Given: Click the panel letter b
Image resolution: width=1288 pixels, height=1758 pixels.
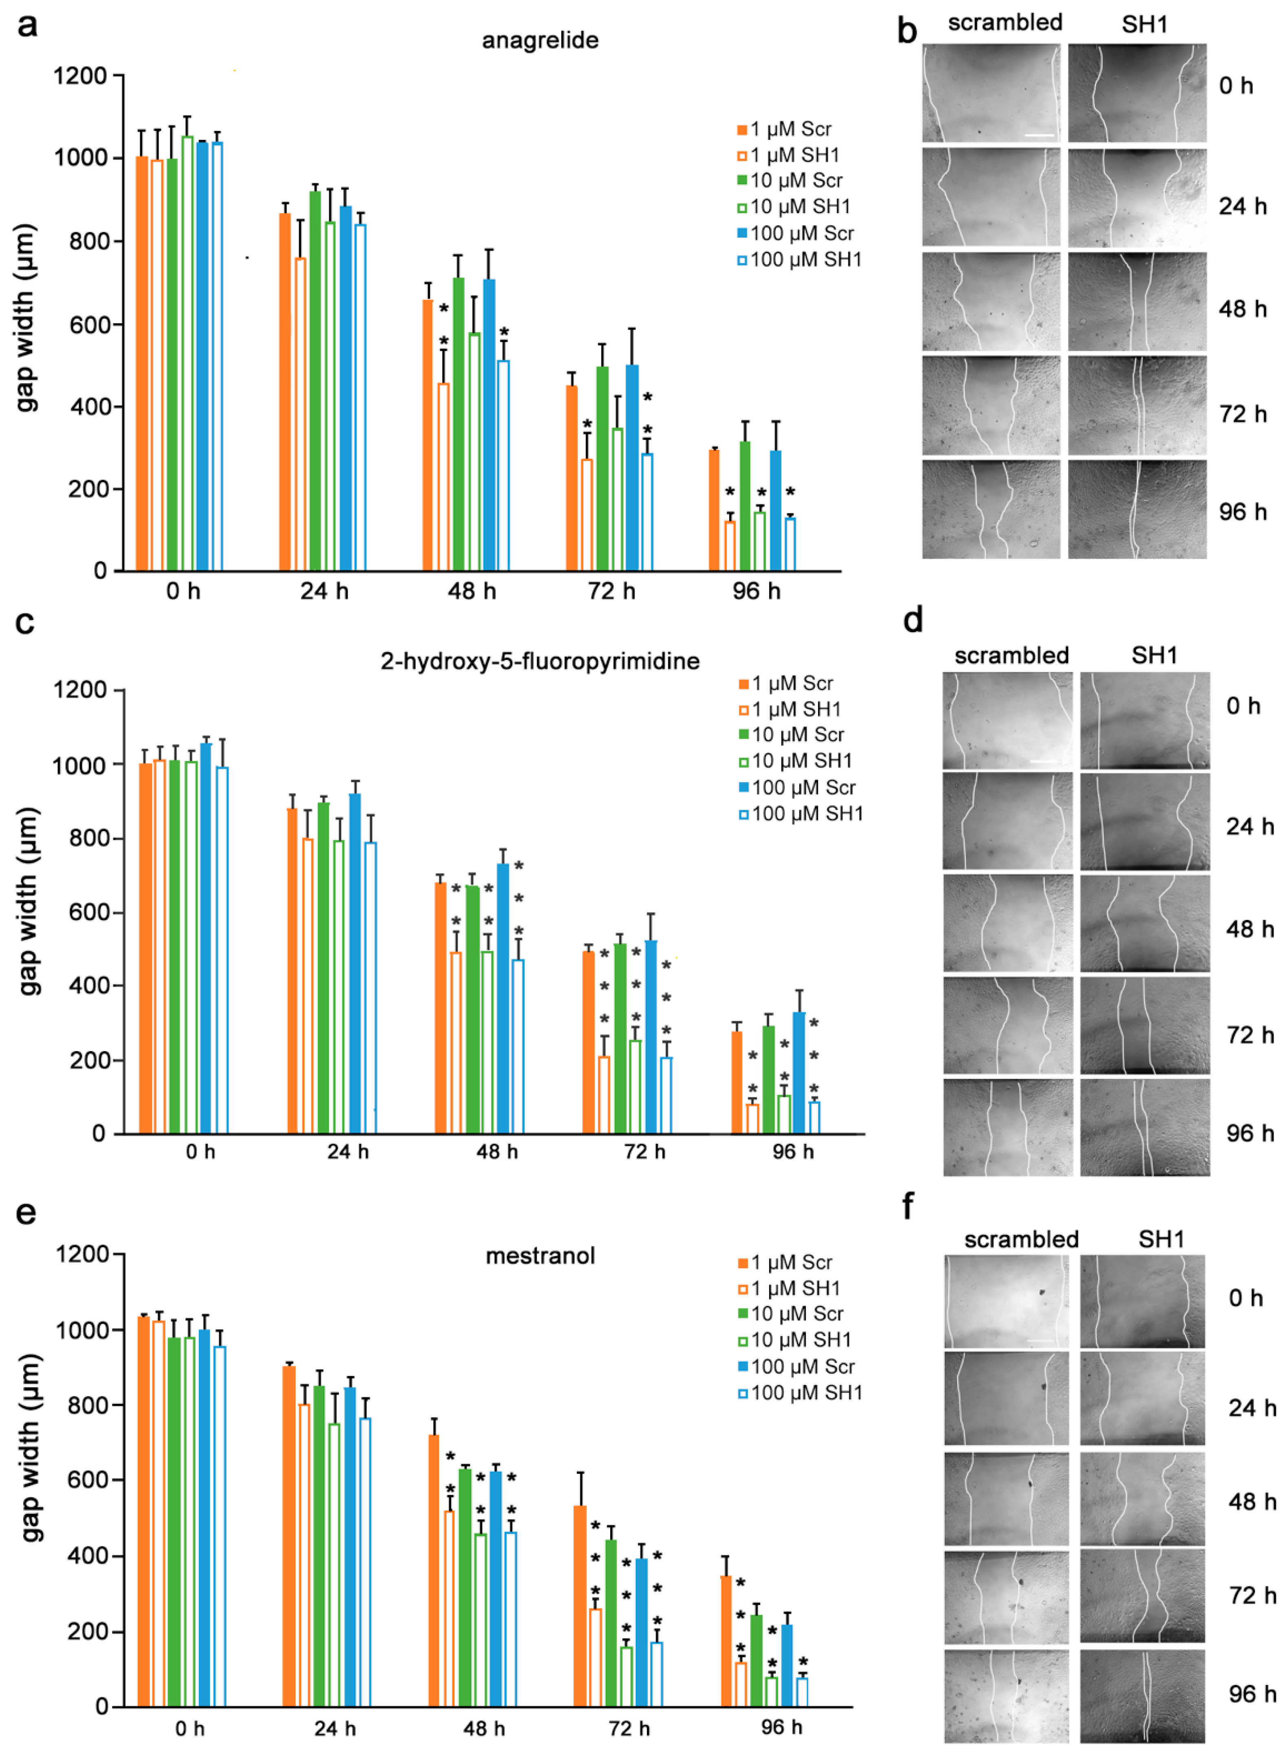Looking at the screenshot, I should tap(907, 31).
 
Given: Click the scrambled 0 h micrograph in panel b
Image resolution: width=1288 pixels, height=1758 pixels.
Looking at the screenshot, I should tap(991, 93).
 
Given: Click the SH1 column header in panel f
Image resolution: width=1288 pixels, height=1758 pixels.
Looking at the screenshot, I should tap(1161, 1239).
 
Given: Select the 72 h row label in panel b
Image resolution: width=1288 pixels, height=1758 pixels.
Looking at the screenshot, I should tap(1243, 414).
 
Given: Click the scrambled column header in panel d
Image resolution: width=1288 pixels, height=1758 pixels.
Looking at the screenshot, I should tap(1011, 656).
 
